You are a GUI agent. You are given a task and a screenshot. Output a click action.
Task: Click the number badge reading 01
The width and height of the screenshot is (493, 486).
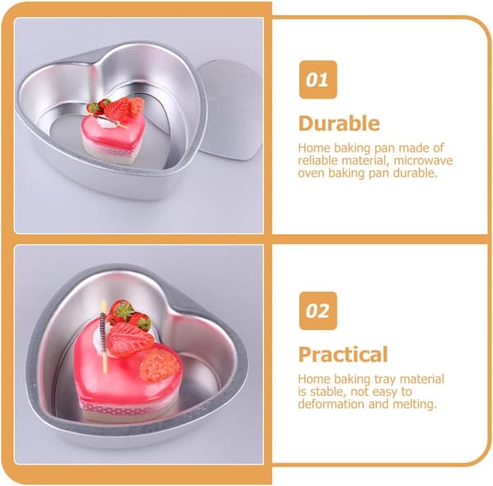click(318, 80)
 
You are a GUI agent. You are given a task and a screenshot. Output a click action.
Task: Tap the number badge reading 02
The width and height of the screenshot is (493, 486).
click(318, 311)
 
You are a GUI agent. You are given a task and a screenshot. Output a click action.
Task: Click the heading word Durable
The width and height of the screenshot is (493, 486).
click(339, 123)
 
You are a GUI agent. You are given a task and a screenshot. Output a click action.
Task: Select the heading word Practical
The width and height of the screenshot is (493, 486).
click(343, 354)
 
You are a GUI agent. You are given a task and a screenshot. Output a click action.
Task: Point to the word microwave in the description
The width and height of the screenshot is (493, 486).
click(423, 160)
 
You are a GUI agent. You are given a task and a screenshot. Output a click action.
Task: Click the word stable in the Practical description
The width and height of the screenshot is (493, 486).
click(327, 392)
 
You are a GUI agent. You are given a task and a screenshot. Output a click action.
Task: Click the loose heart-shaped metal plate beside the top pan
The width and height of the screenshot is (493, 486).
click(232, 109)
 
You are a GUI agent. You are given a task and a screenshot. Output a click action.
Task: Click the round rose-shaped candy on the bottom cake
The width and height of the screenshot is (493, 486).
click(160, 365)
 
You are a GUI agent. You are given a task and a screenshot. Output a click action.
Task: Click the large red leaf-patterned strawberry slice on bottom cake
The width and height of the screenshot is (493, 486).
click(130, 340)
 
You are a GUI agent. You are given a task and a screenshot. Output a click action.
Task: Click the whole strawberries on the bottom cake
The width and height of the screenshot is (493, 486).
click(130, 315)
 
